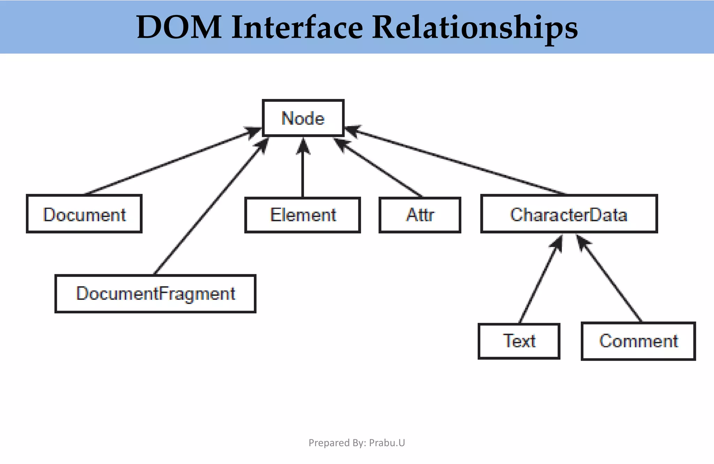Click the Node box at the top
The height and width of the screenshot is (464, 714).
303,118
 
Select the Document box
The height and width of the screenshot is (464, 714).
84,214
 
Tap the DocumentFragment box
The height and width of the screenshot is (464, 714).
155,294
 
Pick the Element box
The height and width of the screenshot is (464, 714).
303,215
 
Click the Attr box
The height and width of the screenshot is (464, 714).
420,215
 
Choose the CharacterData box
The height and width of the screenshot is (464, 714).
569,214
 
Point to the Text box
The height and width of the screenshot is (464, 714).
519,341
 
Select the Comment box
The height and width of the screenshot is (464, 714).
638,341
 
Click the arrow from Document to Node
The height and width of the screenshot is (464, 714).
171,161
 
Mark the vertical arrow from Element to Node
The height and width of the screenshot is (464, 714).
303,171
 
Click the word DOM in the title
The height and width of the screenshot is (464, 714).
179,27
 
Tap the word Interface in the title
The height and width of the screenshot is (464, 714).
297,27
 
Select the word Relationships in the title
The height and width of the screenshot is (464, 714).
475,27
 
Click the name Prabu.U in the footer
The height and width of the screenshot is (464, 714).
387,443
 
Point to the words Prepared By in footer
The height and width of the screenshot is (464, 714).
337,443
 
